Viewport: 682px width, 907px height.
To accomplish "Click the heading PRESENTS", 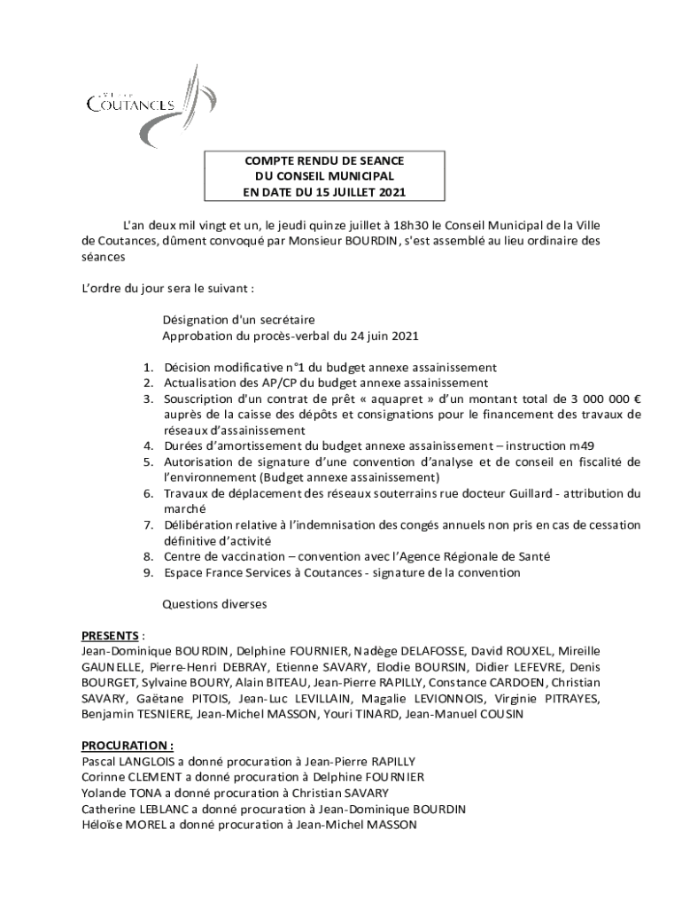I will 110,636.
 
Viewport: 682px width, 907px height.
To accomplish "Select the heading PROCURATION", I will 127,746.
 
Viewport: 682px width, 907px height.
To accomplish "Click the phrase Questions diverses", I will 214,604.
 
